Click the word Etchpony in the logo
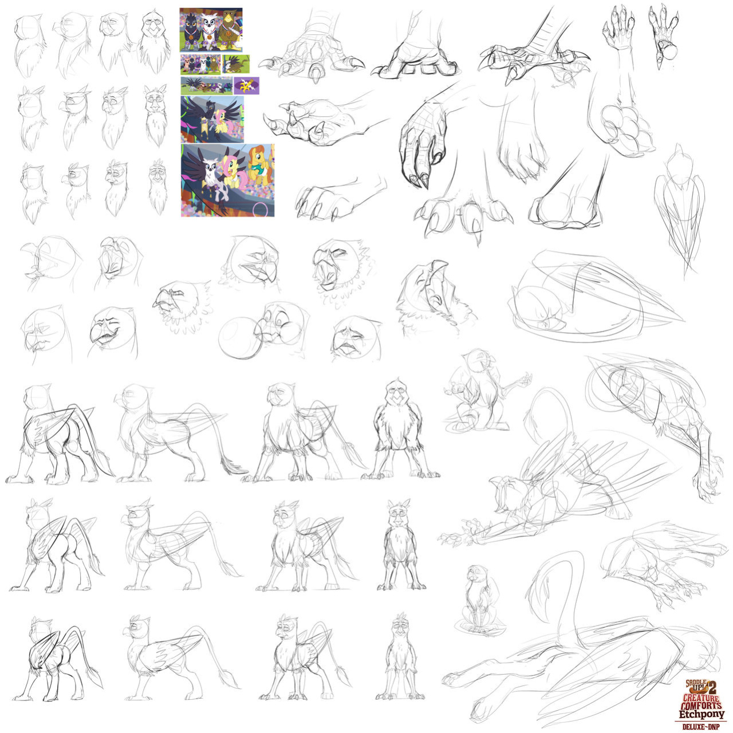point(702,714)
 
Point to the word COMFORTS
point(702,704)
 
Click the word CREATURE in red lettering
point(702,697)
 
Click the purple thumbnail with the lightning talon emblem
point(246,86)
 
